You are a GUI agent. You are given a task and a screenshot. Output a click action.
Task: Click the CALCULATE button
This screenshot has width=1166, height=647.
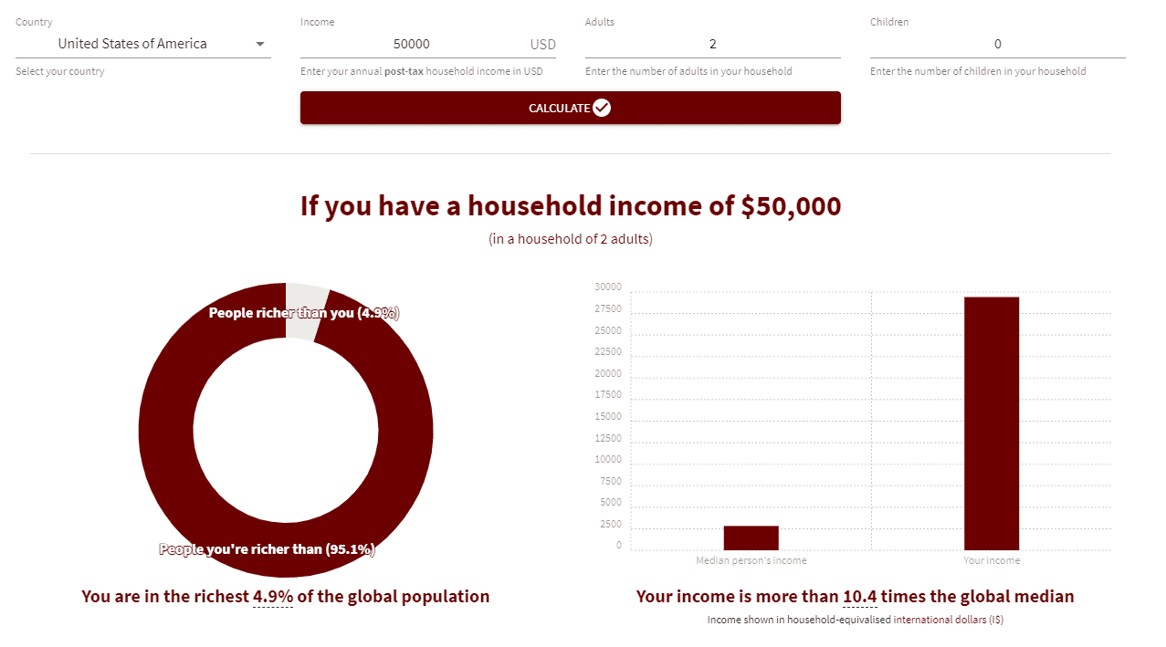pyautogui.click(x=570, y=108)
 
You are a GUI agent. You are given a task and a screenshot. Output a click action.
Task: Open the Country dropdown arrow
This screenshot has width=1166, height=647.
pyautogui.click(x=260, y=44)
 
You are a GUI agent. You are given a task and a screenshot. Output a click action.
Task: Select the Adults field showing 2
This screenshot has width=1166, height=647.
pyautogui.click(x=712, y=44)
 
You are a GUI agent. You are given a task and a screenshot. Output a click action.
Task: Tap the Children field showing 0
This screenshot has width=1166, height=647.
pyautogui.click(x=997, y=44)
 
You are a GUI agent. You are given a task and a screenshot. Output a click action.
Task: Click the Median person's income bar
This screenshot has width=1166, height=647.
pyautogui.click(x=751, y=537)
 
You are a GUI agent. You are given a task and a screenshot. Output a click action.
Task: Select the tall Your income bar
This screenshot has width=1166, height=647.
pyautogui.click(x=992, y=423)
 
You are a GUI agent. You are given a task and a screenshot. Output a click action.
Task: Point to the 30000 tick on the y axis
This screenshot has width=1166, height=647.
pyautogui.click(x=608, y=287)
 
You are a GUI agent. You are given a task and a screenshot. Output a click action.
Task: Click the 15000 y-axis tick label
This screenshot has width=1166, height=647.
pyautogui.click(x=608, y=416)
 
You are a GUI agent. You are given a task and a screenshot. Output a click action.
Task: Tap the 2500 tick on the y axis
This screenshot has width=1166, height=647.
pyautogui.click(x=611, y=524)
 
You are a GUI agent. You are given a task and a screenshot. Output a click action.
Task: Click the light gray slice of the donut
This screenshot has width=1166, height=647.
pyautogui.click(x=305, y=311)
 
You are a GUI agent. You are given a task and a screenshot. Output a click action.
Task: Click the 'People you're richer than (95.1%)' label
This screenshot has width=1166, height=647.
pyautogui.click(x=267, y=549)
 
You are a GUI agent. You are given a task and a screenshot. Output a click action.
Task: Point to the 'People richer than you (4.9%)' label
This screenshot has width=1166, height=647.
pyautogui.click(x=304, y=313)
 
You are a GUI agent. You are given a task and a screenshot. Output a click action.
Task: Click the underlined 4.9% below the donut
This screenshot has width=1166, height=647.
pyautogui.click(x=273, y=597)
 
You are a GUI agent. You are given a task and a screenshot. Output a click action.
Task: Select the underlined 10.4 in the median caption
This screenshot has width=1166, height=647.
pyautogui.click(x=859, y=597)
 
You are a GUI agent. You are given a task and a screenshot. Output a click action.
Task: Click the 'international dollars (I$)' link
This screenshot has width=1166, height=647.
pyautogui.click(x=949, y=620)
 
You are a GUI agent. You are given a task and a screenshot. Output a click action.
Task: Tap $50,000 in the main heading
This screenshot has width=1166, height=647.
pyautogui.click(x=791, y=206)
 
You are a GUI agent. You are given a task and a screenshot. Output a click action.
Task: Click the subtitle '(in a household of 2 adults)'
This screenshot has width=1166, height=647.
pyautogui.click(x=571, y=239)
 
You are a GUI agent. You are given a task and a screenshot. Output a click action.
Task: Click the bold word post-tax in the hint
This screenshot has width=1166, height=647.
pyautogui.click(x=404, y=71)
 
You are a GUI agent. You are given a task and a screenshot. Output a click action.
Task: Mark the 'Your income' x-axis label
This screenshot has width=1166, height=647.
pyautogui.click(x=992, y=560)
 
